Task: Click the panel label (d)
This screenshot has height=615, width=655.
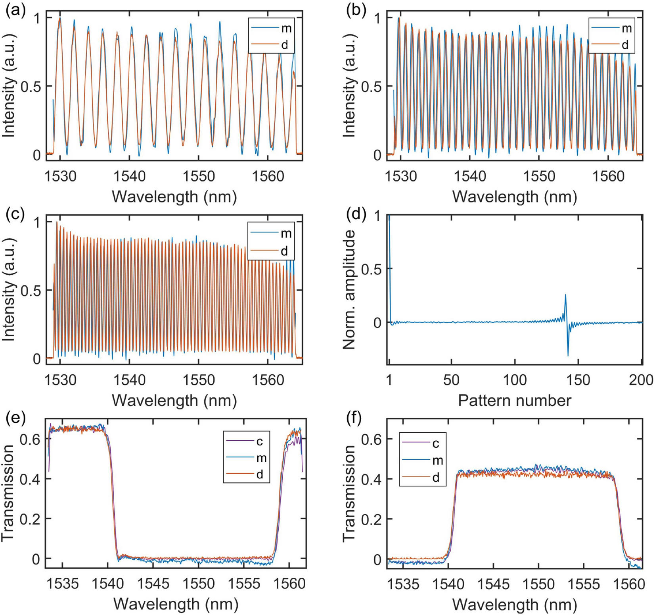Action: [x=355, y=215]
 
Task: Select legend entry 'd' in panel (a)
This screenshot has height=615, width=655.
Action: [x=284, y=45]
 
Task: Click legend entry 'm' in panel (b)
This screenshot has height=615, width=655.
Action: [x=626, y=29]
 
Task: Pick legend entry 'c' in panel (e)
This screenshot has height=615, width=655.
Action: [x=260, y=441]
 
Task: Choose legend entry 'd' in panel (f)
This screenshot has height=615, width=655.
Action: [x=435, y=478]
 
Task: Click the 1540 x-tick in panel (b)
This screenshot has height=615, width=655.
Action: [x=469, y=176]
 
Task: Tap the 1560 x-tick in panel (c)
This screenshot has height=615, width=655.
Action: [x=268, y=380]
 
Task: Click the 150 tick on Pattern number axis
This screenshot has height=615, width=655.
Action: [x=578, y=380]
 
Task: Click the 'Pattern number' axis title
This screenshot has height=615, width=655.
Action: [x=515, y=400]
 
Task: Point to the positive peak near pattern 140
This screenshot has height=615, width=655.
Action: [x=565, y=295]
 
